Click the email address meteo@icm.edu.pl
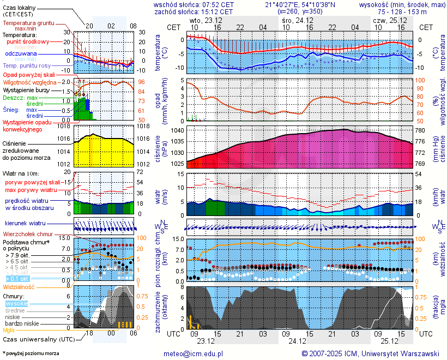tap(194, 353)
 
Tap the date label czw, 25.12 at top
tap(386, 20)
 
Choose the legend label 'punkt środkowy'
tap(28, 41)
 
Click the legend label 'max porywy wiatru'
tap(31, 190)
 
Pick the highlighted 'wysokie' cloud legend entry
tap(16, 303)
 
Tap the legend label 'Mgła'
tap(9, 330)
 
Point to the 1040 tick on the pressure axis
tap(178, 131)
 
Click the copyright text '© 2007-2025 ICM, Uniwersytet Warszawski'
tap(370, 353)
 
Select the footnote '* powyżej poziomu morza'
tap(31, 353)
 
